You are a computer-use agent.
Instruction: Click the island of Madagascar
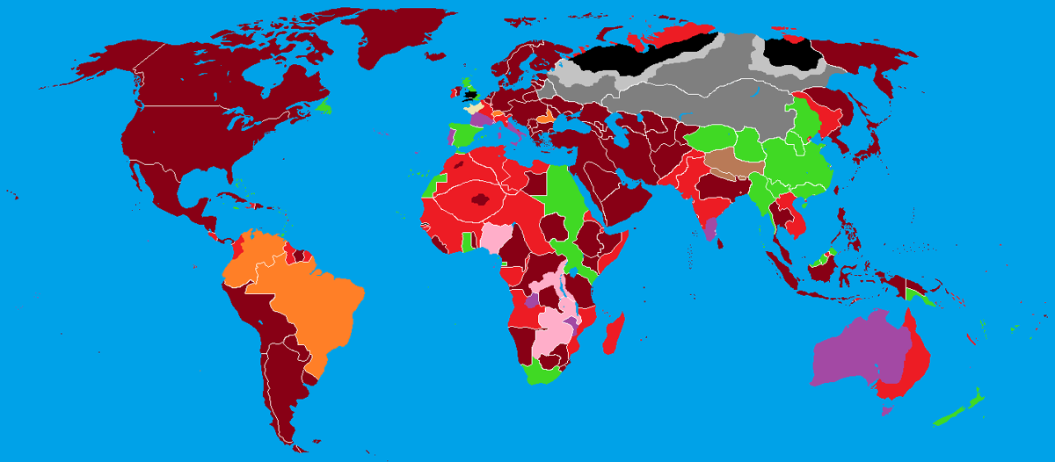615,334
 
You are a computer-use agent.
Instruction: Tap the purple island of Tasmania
886,409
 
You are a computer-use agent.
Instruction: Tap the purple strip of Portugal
451,137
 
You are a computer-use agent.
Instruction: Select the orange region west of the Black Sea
546,116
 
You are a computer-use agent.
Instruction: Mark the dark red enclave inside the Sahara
480,199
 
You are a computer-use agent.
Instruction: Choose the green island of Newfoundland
326,107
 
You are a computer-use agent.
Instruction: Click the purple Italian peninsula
513,127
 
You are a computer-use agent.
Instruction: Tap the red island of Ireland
453,90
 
